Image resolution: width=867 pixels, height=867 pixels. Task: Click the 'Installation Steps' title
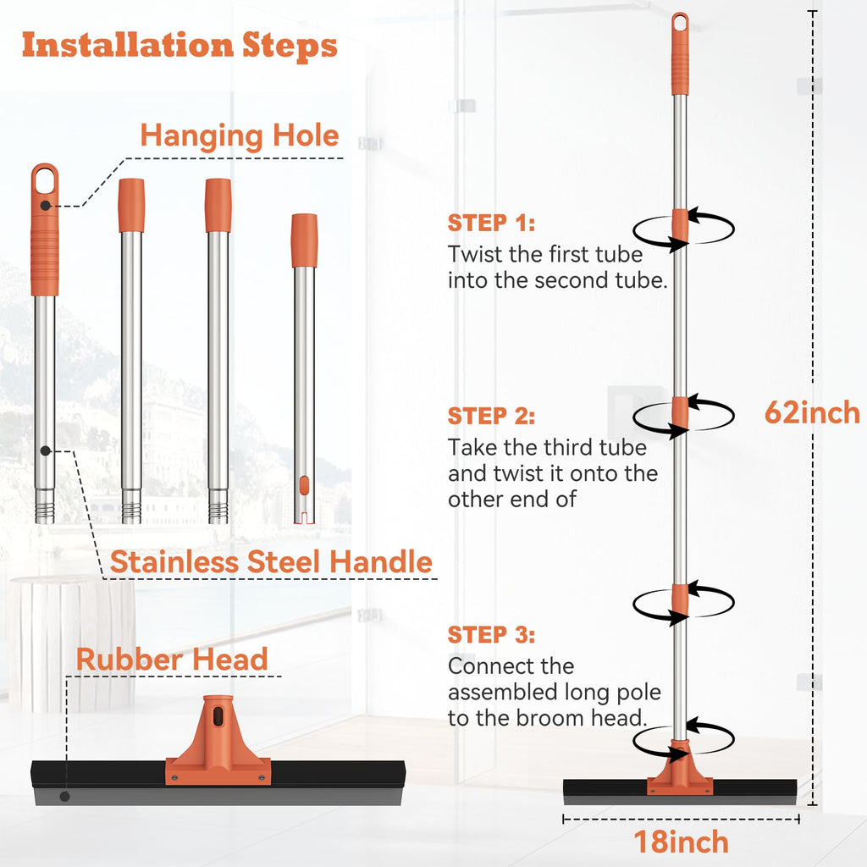coord(179,46)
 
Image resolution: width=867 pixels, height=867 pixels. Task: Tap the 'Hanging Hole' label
coord(240,135)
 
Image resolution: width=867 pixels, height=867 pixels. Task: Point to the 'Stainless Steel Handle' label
coord(271,562)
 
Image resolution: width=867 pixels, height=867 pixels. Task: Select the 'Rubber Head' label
coord(172,659)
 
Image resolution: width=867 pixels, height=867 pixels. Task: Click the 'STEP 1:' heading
coord(491,223)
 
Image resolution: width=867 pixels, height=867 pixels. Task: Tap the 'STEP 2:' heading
coord(491,416)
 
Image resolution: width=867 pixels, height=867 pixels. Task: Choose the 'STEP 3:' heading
coord(491,635)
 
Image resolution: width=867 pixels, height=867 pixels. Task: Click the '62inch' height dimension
coord(812,412)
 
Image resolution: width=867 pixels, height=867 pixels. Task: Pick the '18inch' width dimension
coord(681,842)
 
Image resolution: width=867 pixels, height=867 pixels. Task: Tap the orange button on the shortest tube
coord(304,485)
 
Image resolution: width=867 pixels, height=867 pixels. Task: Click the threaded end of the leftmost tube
coord(45,505)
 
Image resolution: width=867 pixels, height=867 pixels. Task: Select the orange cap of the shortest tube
coord(304,240)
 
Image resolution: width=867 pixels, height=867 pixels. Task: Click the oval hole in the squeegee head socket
coord(218,716)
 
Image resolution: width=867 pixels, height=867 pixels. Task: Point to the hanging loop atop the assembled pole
coord(680,23)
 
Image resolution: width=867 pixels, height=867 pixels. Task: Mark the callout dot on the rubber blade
coord(64,797)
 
